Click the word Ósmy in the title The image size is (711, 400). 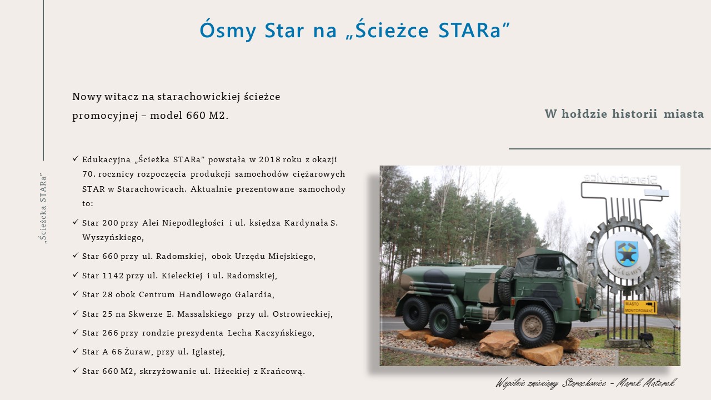pos(228,29)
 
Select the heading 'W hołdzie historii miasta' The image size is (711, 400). pos(624,114)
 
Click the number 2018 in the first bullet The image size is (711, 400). pos(269,159)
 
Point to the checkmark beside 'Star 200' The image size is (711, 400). pos(76,222)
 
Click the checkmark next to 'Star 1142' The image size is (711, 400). pos(76,274)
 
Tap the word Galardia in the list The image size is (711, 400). pos(254,294)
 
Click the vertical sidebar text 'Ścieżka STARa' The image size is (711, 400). pos(43,208)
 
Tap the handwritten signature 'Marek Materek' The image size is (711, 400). pos(646,383)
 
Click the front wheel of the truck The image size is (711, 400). pos(533,326)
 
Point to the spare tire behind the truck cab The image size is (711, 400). pos(505,285)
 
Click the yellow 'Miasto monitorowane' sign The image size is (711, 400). pos(640,307)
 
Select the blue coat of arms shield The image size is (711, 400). pos(626,253)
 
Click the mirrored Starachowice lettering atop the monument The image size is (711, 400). pos(620,178)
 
